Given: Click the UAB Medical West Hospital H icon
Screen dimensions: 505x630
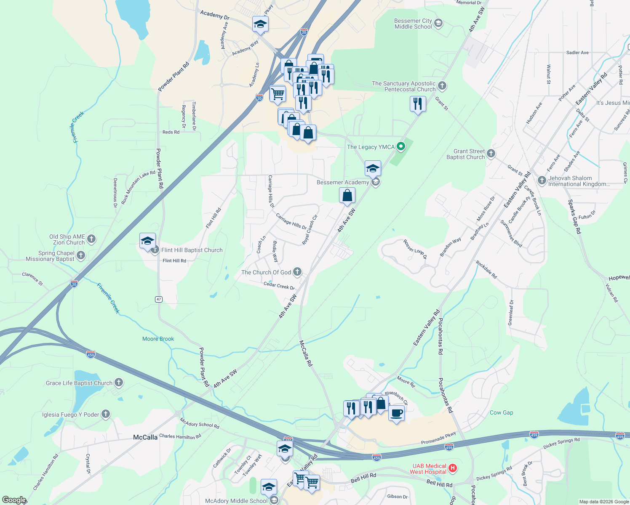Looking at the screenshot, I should coord(453,468).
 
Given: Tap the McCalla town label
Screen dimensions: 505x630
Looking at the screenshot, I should coord(145,437).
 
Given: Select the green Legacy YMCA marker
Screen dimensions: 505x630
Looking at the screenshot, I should coord(401,146).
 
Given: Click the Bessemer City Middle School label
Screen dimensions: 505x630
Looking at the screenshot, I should coord(413,24).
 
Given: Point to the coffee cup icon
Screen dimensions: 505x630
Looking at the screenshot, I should coord(396,414).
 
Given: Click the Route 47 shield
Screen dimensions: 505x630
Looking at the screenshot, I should coord(158,299).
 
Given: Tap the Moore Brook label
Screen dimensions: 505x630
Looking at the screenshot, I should coord(158,339).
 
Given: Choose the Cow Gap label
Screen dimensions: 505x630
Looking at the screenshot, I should coord(501,412).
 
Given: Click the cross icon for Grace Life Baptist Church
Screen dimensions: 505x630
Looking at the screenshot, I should coord(119,383).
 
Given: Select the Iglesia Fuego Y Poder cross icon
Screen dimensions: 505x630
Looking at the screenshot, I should coord(105,414).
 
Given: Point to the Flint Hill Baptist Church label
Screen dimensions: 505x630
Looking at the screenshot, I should coord(192,250).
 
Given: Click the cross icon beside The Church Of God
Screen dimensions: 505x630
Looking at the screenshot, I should coord(297,272).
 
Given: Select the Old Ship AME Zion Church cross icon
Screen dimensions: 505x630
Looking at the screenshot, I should coord(91,239).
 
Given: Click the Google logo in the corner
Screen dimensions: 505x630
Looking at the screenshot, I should coord(14,500).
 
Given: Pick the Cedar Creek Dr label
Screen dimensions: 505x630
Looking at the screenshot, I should coord(279,286).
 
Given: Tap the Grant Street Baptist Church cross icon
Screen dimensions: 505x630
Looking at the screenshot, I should coord(491,154).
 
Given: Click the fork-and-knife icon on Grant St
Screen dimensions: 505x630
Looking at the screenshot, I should coord(418,103).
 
